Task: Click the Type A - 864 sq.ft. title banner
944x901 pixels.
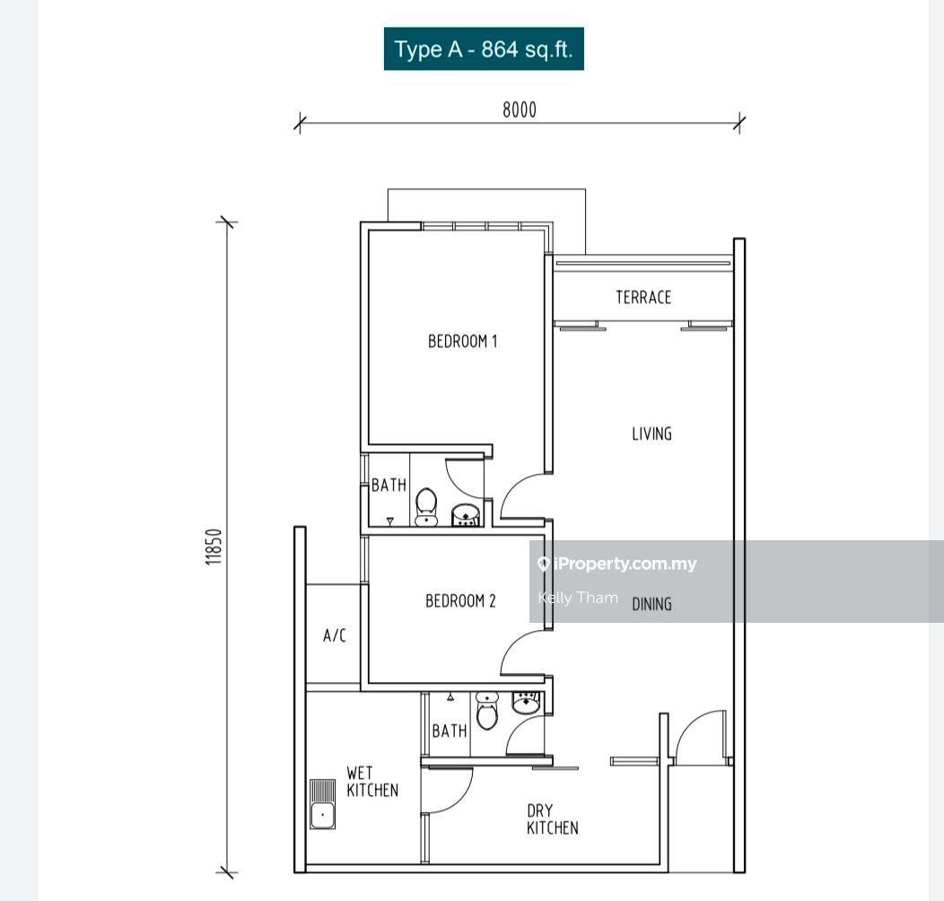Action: pos(484,48)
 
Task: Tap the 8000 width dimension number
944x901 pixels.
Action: pos(519,109)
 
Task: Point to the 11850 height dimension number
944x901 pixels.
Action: pos(214,547)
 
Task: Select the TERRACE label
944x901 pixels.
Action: pos(643,297)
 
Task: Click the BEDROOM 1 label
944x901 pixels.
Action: pos(462,342)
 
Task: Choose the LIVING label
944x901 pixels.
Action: pos(651,433)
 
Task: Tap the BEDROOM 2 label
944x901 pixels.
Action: pos(460,600)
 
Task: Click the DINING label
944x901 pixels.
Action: pos(651,604)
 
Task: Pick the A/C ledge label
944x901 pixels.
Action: pos(334,635)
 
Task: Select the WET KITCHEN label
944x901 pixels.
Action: pos(372,781)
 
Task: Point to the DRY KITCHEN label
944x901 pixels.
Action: pos(552,819)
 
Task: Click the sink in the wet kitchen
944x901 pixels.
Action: pos(323,804)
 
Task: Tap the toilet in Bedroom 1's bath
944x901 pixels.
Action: pos(426,507)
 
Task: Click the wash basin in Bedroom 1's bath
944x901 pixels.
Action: pos(466,516)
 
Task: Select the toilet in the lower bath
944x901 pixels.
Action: pos(487,711)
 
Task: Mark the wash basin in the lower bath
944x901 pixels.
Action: pos(528,703)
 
